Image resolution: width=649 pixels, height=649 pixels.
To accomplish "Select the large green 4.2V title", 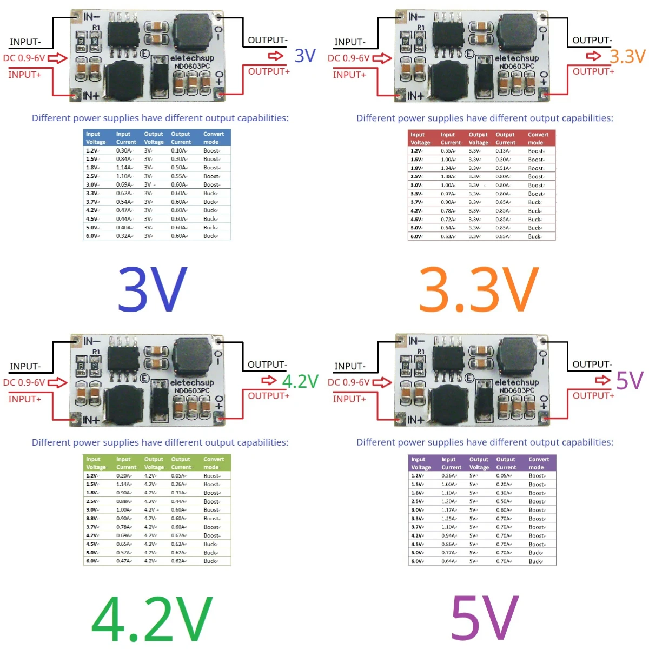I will pos(152,618).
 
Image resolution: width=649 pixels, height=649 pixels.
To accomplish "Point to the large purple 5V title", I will pos(485,618).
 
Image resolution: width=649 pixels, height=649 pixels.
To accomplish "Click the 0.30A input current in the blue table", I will pos(124,151).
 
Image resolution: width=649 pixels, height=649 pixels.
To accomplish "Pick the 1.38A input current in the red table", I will pos(448,177).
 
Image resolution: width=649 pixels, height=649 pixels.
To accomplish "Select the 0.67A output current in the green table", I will pos(178,535).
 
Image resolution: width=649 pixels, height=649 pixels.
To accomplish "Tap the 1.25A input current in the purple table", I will pos(449,519).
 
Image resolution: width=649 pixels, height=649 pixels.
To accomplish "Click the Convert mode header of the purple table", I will pos(539,463).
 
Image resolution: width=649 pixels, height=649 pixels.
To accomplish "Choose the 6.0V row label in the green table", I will pos(92,561).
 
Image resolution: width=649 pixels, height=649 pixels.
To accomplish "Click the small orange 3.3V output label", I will pos(627,56).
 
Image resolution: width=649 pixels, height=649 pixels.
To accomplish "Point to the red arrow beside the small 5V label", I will pos(602,380).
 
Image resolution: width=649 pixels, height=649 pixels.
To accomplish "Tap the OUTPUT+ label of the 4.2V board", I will pos(269,396).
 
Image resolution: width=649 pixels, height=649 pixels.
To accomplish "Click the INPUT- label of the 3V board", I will pos(25,42).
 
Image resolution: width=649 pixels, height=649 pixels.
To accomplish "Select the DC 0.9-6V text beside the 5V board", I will pos(349,382).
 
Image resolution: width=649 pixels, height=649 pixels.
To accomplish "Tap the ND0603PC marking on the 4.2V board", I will pos(192,390).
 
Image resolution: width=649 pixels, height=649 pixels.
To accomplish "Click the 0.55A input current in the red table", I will pos(448,151).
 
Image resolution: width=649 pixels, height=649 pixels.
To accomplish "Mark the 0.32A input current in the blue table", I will pos(124,236).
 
